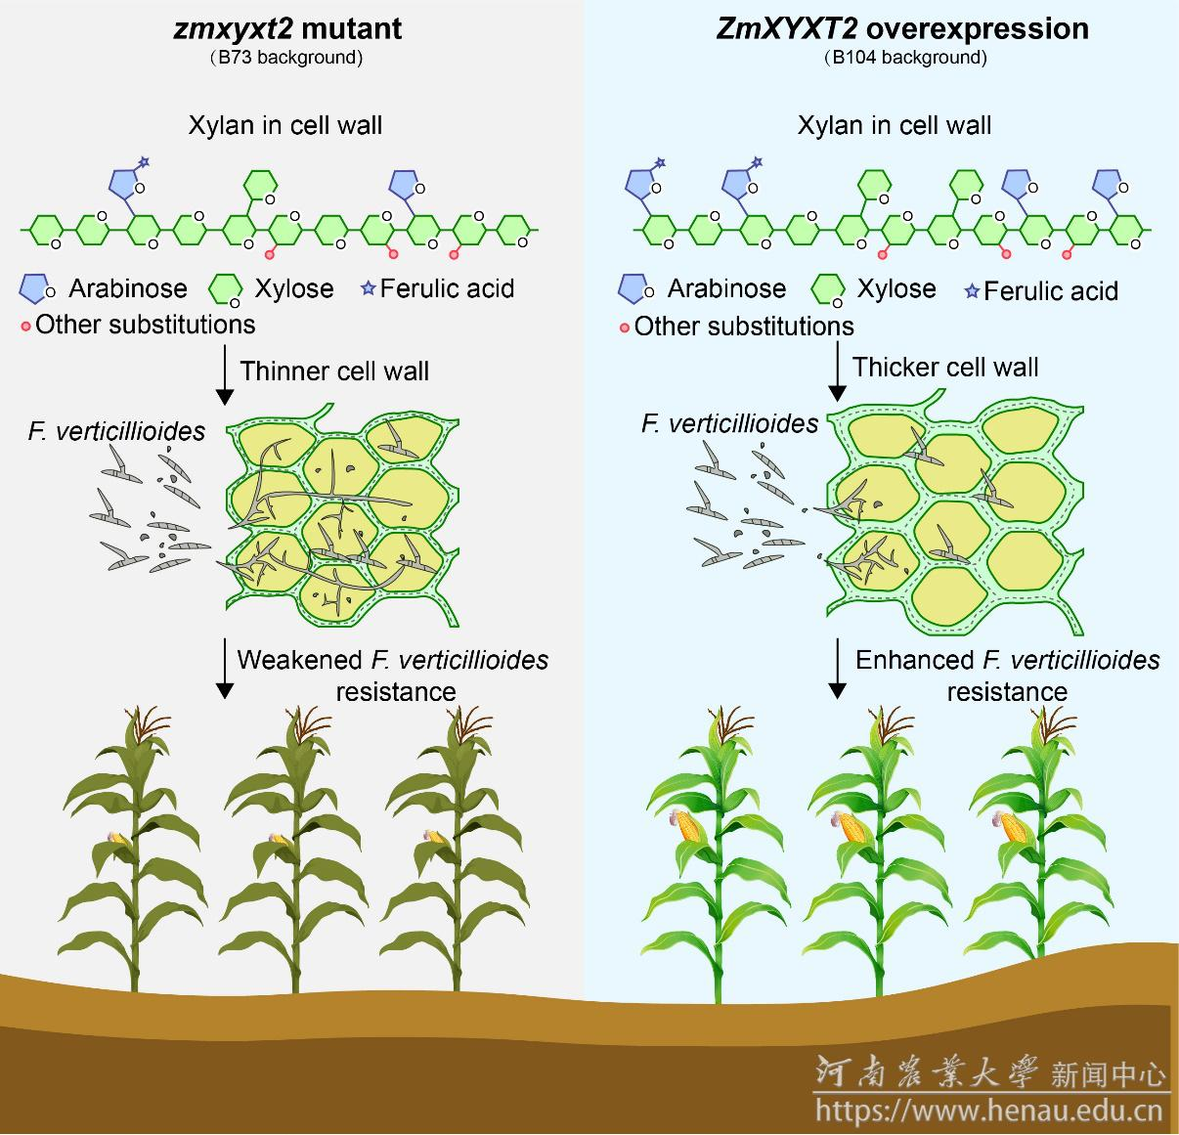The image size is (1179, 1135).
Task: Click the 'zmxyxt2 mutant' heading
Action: click(x=287, y=28)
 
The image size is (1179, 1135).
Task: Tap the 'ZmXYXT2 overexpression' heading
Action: click(x=901, y=28)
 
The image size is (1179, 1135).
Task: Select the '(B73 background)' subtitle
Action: click(x=287, y=58)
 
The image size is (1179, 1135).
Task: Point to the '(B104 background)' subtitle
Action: click(x=905, y=58)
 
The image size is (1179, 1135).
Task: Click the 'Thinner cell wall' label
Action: click(x=334, y=371)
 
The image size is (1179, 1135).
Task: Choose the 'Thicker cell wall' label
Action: click(x=944, y=368)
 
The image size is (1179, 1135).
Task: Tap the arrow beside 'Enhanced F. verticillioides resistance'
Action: click(x=837, y=669)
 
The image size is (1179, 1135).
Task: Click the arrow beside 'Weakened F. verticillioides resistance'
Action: click(x=225, y=669)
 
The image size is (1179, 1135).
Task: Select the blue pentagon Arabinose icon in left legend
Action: click(x=35, y=288)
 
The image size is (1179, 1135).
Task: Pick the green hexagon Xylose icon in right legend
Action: click(x=828, y=289)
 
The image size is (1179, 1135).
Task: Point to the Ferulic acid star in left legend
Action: click(x=369, y=288)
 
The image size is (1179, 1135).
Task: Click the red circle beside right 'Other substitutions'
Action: click(x=624, y=327)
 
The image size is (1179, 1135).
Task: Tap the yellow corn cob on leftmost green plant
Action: click(x=690, y=827)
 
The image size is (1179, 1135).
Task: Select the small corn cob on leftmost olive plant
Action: click(x=118, y=838)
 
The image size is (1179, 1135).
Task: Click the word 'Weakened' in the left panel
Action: click(x=300, y=660)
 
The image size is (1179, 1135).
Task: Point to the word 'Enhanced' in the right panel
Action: click(x=914, y=660)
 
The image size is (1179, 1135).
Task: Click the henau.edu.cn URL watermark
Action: click(x=988, y=1111)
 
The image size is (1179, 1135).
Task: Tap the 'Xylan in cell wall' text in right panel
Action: click(x=894, y=125)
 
